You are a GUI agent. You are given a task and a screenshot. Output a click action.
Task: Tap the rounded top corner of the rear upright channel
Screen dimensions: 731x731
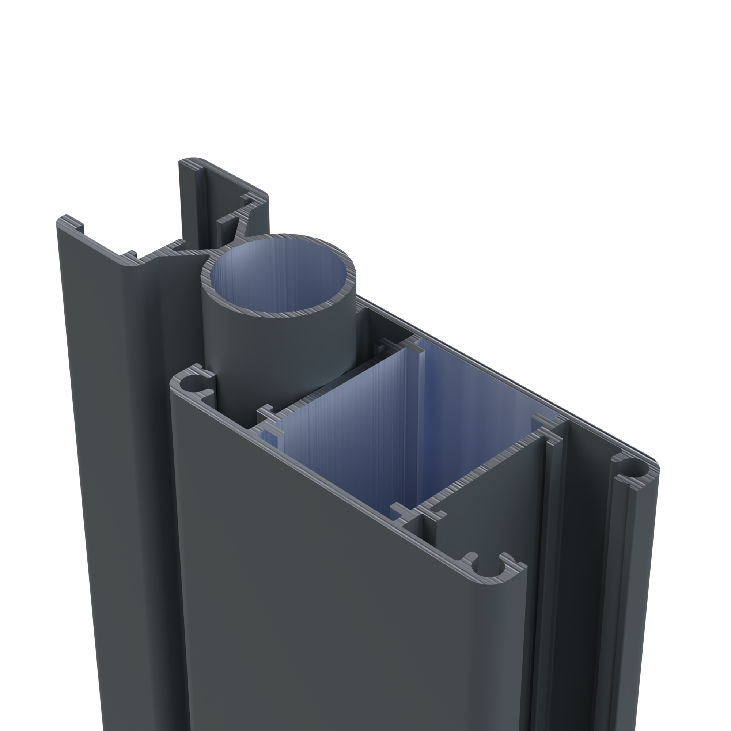pos(193,160)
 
